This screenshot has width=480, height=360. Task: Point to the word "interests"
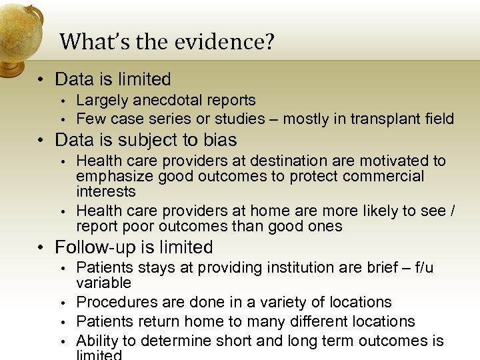tap(105, 192)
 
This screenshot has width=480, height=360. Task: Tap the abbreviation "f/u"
tap(421, 268)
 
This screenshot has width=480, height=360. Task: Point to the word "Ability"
tap(97, 341)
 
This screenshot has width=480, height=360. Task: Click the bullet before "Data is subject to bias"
tap(41, 141)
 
